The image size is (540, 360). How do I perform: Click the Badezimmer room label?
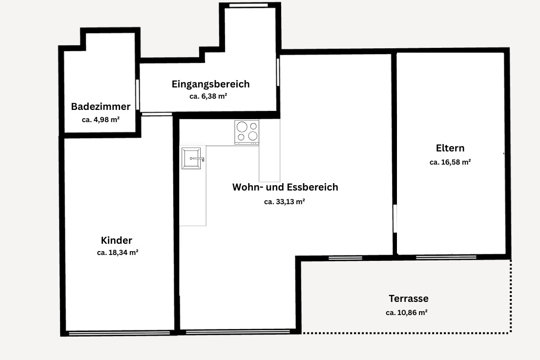(x=101, y=106)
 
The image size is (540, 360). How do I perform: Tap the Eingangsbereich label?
(x=210, y=84)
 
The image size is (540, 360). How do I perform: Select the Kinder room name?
(x=117, y=240)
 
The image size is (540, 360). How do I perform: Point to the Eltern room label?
(x=450, y=148)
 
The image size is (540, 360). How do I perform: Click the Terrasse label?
(x=409, y=298)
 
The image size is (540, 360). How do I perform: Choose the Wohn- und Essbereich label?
(x=285, y=187)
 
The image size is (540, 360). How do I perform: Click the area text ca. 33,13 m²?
(x=285, y=201)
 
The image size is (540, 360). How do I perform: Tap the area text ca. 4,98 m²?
(x=101, y=120)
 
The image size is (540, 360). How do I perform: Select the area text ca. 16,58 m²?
(x=450, y=162)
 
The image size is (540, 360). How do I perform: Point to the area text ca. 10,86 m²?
(x=407, y=313)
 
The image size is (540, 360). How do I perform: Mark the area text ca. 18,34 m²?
(x=118, y=253)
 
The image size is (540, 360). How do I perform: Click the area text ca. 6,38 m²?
(x=208, y=97)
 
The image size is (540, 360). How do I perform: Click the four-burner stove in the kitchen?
(x=247, y=132)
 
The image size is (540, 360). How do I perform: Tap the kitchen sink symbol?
(x=191, y=158)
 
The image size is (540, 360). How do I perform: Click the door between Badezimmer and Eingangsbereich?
(x=138, y=95)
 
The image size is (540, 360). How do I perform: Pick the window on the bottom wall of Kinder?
(x=119, y=333)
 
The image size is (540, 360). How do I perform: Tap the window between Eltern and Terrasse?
(x=446, y=257)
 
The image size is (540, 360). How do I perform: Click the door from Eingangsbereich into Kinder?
(x=157, y=114)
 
